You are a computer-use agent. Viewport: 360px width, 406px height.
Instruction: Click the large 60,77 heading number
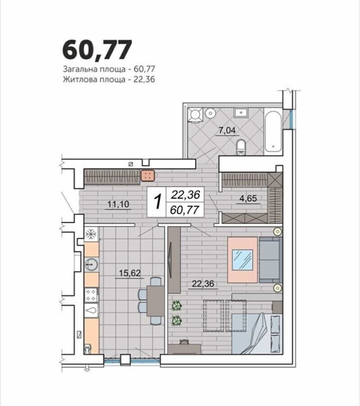97,50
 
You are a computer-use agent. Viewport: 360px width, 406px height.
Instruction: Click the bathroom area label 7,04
227,130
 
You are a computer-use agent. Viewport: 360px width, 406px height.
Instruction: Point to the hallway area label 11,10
118,204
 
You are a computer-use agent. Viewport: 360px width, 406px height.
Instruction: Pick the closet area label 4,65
248,198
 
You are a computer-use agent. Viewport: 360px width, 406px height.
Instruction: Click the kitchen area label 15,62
130,273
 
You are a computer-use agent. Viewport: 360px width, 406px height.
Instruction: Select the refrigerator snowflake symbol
91,234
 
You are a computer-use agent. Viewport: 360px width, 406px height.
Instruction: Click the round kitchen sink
92,264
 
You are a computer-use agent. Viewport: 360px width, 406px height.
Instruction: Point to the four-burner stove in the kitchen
91,295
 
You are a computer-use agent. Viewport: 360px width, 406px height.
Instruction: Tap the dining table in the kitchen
156,301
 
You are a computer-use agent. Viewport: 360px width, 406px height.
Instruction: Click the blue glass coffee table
243,260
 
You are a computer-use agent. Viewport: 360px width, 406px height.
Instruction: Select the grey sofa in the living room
270,259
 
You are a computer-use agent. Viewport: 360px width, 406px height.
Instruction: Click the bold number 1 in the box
157,202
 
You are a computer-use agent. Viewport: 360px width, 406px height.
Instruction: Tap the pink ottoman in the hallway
148,175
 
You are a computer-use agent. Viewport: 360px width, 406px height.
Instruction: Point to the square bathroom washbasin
241,113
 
